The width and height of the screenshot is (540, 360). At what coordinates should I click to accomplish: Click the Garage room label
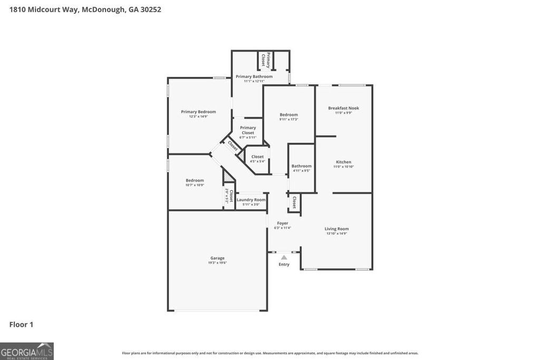tap(217, 258)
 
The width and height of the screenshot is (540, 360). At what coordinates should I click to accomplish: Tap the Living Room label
tap(336, 229)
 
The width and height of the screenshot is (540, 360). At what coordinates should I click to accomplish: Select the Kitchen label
tap(343, 162)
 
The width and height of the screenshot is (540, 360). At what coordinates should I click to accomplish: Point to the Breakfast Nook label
tap(343, 108)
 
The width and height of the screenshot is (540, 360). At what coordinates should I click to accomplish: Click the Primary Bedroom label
tap(198, 112)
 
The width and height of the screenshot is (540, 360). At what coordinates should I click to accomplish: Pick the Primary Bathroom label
tap(254, 76)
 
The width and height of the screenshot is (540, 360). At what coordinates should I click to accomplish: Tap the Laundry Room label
tap(251, 200)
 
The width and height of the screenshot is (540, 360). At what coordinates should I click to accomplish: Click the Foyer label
tap(283, 223)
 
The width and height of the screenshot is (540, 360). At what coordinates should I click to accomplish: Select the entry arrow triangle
tap(284, 257)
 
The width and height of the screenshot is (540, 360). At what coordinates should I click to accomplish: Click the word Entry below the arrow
tap(284, 265)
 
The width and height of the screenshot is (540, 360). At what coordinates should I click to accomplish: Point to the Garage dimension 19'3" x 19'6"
tap(217, 262)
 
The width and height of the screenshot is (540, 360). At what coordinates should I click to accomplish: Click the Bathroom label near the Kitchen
tap(302, 166)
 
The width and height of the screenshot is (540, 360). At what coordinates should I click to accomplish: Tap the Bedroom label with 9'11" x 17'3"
tap(288, 114)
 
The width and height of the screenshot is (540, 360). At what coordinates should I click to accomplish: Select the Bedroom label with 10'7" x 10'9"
tap(195, 180)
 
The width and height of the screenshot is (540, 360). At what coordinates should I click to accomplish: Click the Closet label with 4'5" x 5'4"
tap(257, 157)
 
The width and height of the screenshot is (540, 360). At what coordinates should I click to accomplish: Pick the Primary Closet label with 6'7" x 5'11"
tap(248, 130)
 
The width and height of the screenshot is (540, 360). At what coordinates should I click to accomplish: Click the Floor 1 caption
tap(21, 325)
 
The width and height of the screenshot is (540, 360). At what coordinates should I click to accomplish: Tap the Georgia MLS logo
tap(27, 351)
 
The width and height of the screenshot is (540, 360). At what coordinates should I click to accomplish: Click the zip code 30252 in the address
tap(150, 9)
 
